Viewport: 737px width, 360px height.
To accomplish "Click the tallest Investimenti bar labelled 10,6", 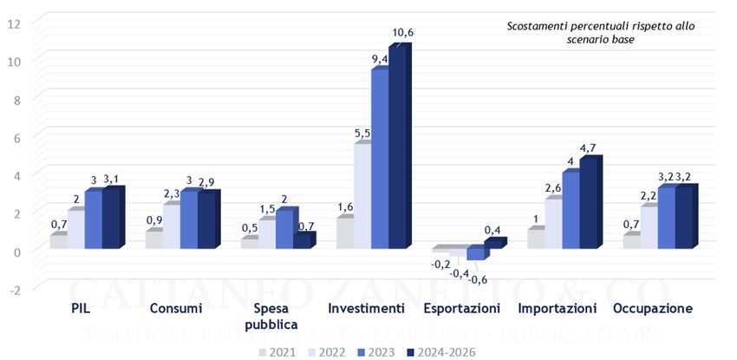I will click(x=397, y=147).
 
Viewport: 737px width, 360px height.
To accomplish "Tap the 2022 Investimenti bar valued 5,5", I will click(x=362, y=196).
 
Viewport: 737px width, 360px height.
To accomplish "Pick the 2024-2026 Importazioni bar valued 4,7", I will click(x=588, y=205).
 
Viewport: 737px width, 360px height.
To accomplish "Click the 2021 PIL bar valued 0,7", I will click(x=58, y=241).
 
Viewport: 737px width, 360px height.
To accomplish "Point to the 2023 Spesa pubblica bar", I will click(x=284, y=230).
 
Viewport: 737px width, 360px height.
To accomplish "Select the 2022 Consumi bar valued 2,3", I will click(x=171, y=226).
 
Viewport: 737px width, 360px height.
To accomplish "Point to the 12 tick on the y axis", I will click(x=13, y=23).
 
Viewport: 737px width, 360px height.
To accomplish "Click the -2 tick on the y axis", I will click(x=13, y=288).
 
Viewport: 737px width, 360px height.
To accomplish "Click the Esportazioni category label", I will click(x=461, y=309).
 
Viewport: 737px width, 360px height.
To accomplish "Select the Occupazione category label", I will click(x=652, y=309).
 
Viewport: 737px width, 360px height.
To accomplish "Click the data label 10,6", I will click(x=402, y=33).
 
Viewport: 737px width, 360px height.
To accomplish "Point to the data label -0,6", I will click(x=478, y=278).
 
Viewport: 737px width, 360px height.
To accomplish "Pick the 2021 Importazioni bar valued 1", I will click(x=536, y=239).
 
